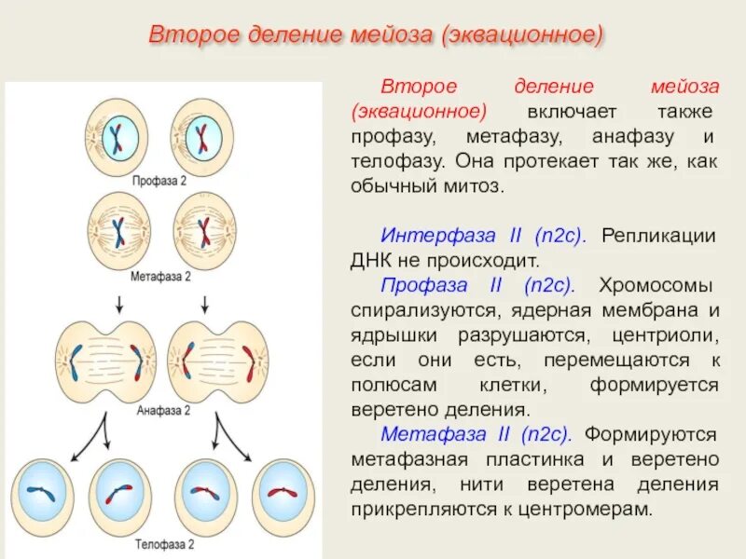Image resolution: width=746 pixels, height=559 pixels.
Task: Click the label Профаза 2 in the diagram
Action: click(160, 180)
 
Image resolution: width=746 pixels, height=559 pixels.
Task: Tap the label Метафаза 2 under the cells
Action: click(160, 277)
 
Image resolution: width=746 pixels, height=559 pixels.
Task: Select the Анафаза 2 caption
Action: click(163, 409)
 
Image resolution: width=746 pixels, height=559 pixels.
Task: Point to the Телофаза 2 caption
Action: click(164, 543)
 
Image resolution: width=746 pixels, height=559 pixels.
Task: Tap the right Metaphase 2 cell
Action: click(204, 229)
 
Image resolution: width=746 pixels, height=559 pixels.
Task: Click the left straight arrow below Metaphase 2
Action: click(119, 303)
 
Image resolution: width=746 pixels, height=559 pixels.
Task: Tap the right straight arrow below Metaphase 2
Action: click(204, 303)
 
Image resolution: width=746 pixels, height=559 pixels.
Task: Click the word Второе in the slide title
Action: click(194, 34)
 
